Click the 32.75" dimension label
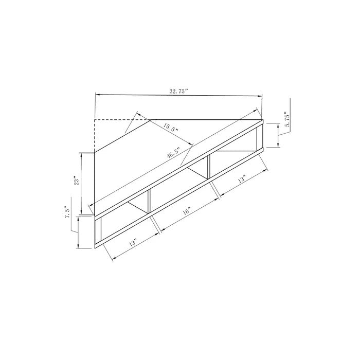[x=179, y=91]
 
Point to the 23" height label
[x=76, y=182]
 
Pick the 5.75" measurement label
[x=288, y=119]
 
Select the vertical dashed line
[x=95, y=135]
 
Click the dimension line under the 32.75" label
[x=178, y=96]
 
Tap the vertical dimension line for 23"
[x=81, y=183]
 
